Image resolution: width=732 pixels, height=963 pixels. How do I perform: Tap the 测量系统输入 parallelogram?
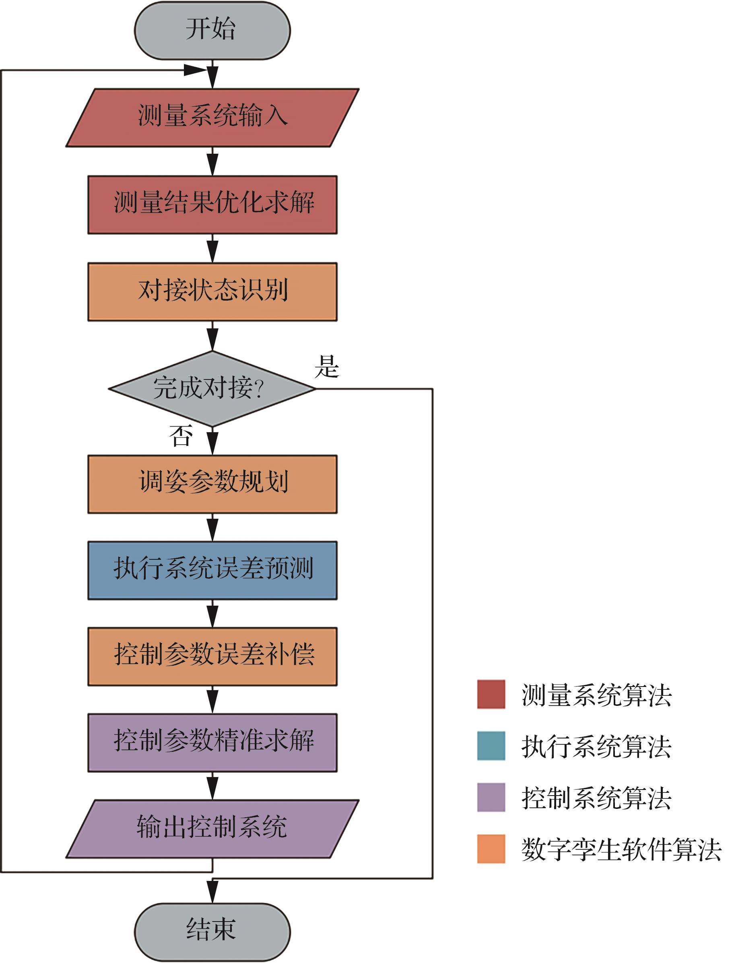(212, 117)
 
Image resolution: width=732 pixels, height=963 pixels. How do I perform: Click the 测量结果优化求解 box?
(212, 204)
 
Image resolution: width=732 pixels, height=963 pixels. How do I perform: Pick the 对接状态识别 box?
(212, 291)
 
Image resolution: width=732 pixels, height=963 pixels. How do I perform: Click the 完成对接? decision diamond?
(212, 388)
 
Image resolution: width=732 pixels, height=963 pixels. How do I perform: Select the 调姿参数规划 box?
(212, 484)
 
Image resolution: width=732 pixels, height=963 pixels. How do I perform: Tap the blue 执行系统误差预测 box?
(212, 570)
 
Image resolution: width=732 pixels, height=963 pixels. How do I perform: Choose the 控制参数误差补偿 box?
(212, 657)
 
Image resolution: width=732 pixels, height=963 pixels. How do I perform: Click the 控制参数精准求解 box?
(212, 742)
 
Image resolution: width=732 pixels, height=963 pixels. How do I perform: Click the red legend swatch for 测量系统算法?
(491, 694)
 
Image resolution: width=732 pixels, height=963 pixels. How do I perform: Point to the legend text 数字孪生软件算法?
(621, 849)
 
